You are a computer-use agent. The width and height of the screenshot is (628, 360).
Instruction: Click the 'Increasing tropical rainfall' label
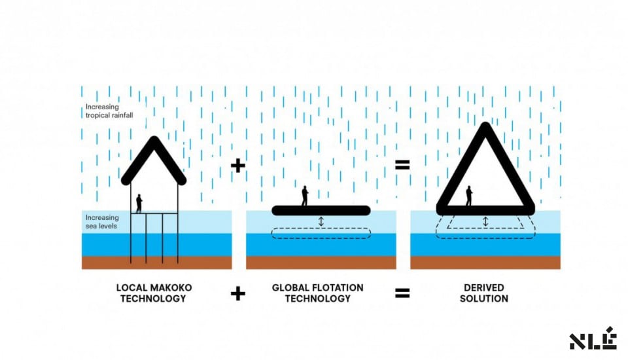click(x=109, y=111)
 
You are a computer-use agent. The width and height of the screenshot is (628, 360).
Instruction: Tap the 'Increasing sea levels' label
click(x=102, y=222)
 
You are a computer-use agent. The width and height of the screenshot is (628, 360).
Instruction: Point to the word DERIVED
click(x=484, y=288)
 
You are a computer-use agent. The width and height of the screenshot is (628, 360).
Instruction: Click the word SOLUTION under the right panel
click(x=484, y=298)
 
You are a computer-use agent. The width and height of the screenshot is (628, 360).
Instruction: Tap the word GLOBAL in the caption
click(x=289, y=288)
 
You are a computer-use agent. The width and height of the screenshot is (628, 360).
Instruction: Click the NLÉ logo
click(x=593, y=339)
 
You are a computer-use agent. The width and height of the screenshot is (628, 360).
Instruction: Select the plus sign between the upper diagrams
click(x=238, y=166)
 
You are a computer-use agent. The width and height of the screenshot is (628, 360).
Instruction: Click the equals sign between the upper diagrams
click(x=402, y=165)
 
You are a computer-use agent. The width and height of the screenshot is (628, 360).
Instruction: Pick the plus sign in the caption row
click(x=238, y=294)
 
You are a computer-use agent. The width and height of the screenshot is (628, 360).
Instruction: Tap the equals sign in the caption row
click(x=402, y=293)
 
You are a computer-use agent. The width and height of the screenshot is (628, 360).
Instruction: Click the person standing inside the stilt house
click(x=139, y=204)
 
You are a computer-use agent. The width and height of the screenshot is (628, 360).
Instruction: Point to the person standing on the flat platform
click(x=305, y=196)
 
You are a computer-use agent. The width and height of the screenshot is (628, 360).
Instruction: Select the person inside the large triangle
click(x=468, y=196)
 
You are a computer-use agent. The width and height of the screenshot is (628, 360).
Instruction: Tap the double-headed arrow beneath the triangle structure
click(x=485, y=222)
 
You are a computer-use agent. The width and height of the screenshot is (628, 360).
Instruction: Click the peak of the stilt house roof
click(x=154, y=139)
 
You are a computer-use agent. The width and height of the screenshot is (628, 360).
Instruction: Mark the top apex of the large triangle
click(x=485, y=126)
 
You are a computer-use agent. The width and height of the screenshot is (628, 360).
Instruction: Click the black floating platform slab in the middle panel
click(x=321, y=211)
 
